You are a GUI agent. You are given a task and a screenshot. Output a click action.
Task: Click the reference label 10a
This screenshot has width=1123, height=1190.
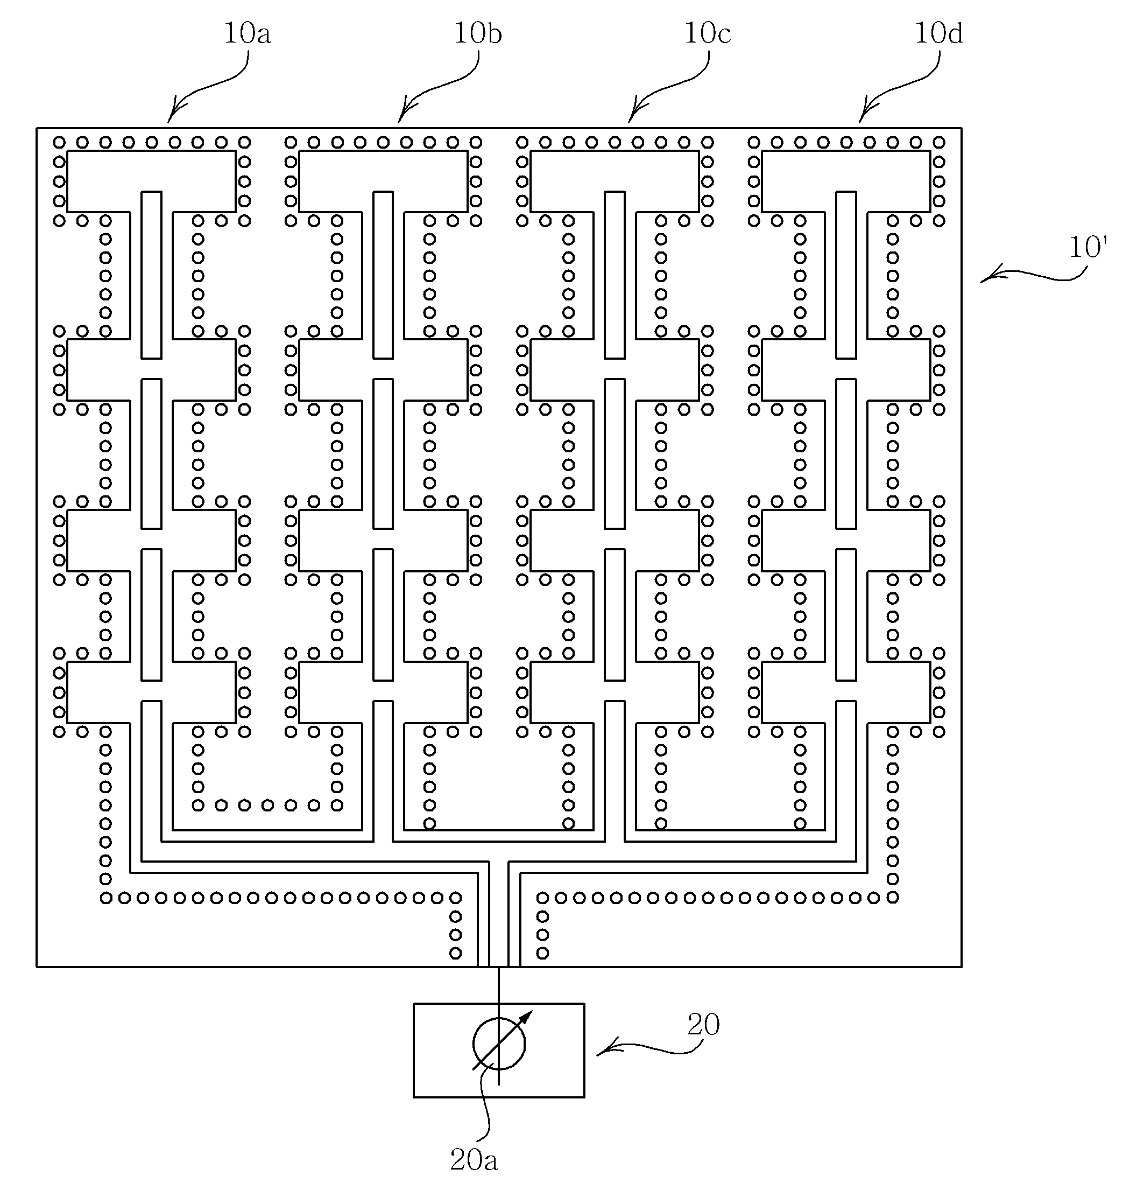(x=246, y=33)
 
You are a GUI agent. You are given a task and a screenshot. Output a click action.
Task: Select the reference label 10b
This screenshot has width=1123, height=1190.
(x=478, y=33)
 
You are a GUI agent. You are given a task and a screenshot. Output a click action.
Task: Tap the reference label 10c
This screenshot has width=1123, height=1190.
(x=708, y=33)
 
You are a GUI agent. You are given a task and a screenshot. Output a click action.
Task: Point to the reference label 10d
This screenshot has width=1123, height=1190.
(x=938, y=33)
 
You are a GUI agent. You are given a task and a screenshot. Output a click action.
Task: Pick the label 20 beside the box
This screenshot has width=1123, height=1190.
(x=703, y=1025)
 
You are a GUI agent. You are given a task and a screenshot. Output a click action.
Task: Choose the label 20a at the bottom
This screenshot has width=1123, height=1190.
(x=474, y=1161)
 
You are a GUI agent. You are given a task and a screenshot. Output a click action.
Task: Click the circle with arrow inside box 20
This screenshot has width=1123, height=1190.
(x=499, y=1045)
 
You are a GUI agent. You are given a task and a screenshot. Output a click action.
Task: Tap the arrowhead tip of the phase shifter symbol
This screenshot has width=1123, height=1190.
(x=531, y=1012)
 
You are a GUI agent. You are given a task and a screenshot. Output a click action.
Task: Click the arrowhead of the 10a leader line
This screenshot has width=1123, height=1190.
(x=170, y=122)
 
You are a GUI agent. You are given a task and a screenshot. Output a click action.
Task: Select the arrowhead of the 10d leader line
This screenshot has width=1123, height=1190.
(x=861, y=122)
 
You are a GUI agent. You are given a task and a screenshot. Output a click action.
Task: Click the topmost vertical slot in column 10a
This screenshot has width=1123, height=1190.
(x=151, y=275)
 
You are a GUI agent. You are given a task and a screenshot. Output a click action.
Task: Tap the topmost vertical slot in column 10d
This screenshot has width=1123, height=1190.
(x=846, y=275)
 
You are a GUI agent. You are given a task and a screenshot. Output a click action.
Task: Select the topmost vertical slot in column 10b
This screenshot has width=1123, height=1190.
(x=383, y=275)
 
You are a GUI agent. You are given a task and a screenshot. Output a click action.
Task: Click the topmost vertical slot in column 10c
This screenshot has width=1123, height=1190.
(x=615, y=275)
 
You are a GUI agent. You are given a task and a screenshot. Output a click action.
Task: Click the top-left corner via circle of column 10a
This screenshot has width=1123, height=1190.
(x=59, y=143)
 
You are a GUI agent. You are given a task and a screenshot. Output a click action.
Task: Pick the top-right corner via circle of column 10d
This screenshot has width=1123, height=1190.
(x=939, y=143)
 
